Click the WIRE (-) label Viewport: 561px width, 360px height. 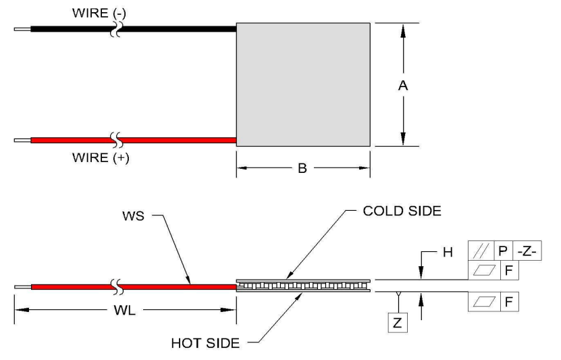(x=99, y=14)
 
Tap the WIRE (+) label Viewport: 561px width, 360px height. (x=101, y=158)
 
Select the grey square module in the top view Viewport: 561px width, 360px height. (x=303, y=84)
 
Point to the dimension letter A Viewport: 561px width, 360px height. (x=403, y=86)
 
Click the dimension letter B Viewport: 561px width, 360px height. (x=302, y=168)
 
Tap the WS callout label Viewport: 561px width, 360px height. (x=133, y=216)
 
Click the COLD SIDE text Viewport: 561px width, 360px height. (x=402, y=211)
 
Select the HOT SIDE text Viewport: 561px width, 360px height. (x=205, y=344)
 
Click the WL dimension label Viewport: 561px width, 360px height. (x=124, y=310)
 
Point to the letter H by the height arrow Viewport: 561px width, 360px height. (x=448, y=253)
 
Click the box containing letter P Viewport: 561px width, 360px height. (x=503, y=251)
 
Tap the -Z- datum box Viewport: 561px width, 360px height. (x=527, y=251)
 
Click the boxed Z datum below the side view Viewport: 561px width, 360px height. (x=398, y=323)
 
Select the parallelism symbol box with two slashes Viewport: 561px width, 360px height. (x=481, y=251)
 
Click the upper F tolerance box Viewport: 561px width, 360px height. (x=509, y=270)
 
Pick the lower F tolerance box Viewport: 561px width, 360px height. (x=509, y=302)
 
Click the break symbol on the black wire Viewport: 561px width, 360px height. (x=115, y=29)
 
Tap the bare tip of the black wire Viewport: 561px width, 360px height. (x=22, y=29)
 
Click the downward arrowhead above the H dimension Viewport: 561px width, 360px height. (x=421, y=272)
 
